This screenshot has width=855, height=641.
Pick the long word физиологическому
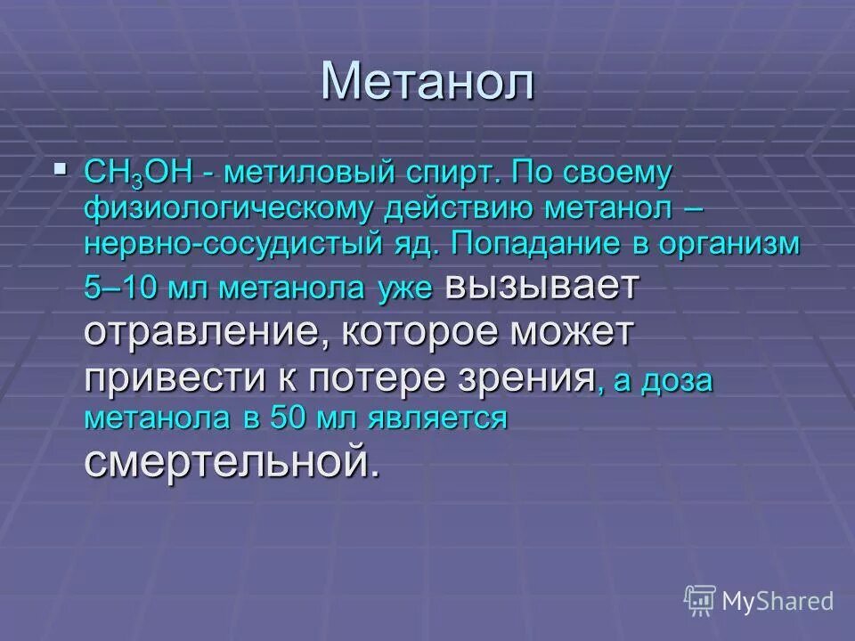pos(227,210)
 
